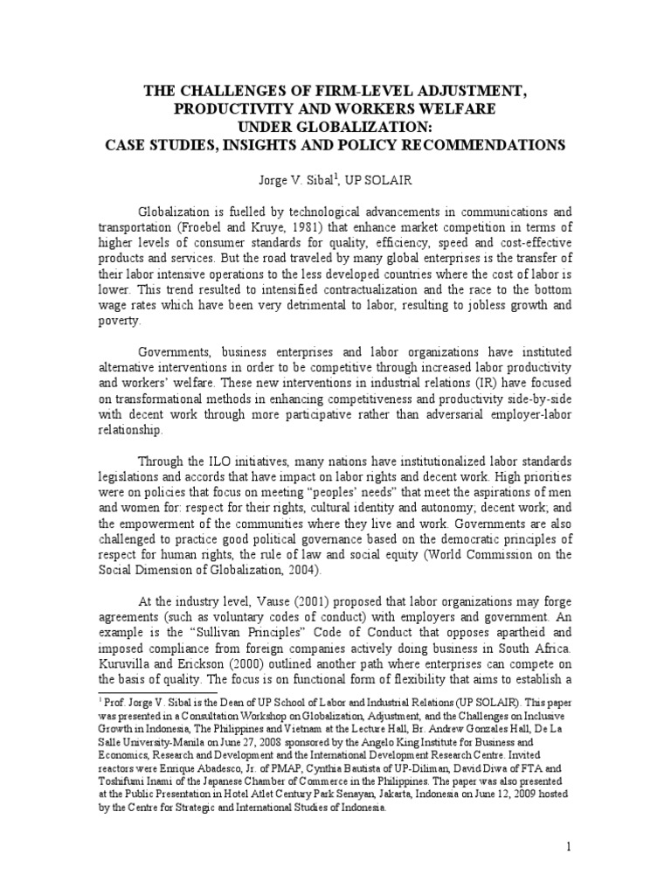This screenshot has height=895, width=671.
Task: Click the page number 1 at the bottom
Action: tap(568, 848)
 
